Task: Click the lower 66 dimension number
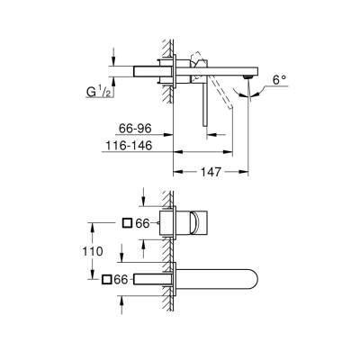[123, 281]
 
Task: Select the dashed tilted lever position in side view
[236, 107]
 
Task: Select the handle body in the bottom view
[200, 224]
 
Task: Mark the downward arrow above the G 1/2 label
[112, 60]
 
